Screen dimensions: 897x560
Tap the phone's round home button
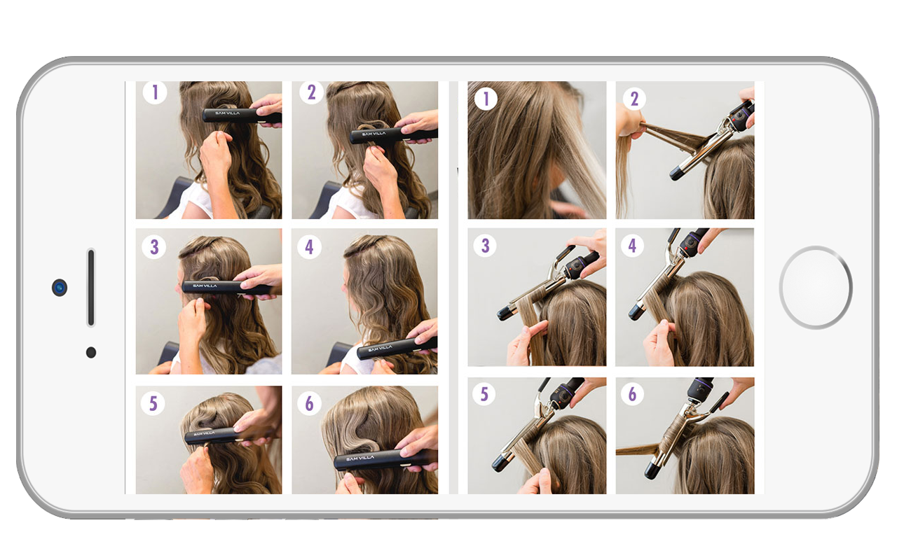point(815,288)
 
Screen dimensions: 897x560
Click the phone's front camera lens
point(60,288)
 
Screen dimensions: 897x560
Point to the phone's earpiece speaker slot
point(91,287)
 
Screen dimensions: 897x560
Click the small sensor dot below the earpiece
point(91,352)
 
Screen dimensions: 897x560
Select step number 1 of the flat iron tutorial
point(155,92)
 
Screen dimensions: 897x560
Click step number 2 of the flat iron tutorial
point(311,92)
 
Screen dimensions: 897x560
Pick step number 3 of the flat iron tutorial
point(153,247)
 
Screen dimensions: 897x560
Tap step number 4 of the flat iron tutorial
point(309,247)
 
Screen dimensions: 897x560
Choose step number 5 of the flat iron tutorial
point(153,403)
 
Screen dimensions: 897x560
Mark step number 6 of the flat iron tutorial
point(309,403)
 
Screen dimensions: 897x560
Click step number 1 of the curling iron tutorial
point(486,99)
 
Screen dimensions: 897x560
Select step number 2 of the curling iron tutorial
point(634,99)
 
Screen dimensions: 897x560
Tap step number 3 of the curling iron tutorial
point(485,246)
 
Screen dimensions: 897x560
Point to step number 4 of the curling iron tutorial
point(632,246)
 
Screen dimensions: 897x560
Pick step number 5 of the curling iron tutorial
point(484,394)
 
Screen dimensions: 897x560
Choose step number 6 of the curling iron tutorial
point(632,394)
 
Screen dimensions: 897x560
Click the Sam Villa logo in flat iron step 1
point(228,113)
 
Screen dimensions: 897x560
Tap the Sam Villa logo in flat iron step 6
point(360,458)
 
